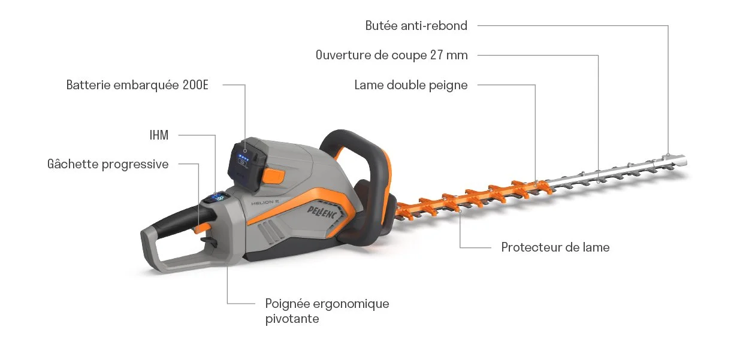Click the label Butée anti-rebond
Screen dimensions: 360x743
[416, 26]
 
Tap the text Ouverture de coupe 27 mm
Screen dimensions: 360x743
[391, 55]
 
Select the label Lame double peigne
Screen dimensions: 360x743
[410, 85]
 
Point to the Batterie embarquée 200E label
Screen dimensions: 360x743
[137, 85]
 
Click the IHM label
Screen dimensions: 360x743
[159, 135]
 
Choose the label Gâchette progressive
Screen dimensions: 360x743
[108, 164]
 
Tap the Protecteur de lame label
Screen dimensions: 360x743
[555, 247]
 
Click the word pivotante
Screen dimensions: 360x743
[292, 319]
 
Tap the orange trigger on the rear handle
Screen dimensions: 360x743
[203, 226]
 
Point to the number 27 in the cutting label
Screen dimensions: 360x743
[436, 55]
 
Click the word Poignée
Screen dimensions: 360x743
[286, 304]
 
